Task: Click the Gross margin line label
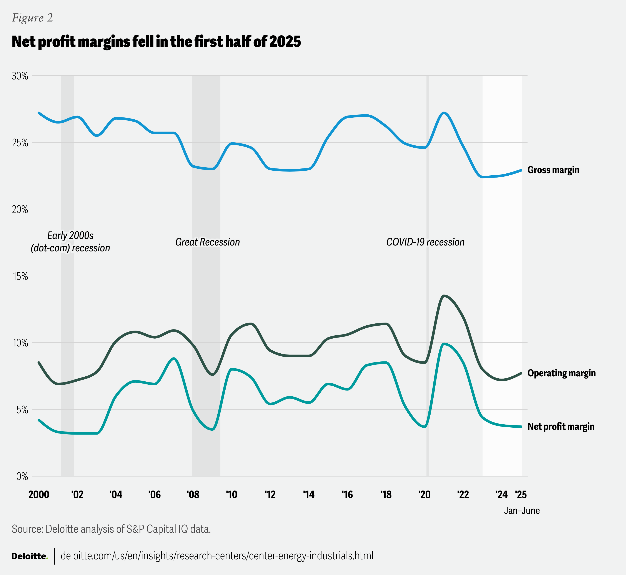(553, 170)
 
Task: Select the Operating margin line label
(561, 373)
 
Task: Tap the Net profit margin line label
(561, 426)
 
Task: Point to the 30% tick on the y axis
(20, 76)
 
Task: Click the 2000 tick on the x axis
(39, 495)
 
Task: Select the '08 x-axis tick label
(193, 495)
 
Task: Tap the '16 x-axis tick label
(347, 495)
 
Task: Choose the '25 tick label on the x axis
(521, 495)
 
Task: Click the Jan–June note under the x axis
(522, 511)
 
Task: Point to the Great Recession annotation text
(208, 242)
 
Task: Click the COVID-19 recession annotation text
(425, 242)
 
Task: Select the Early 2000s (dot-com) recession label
(70, 242)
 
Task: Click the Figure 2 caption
(32, 18)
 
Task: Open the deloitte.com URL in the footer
(217, 556)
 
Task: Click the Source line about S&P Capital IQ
(111, 529)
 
